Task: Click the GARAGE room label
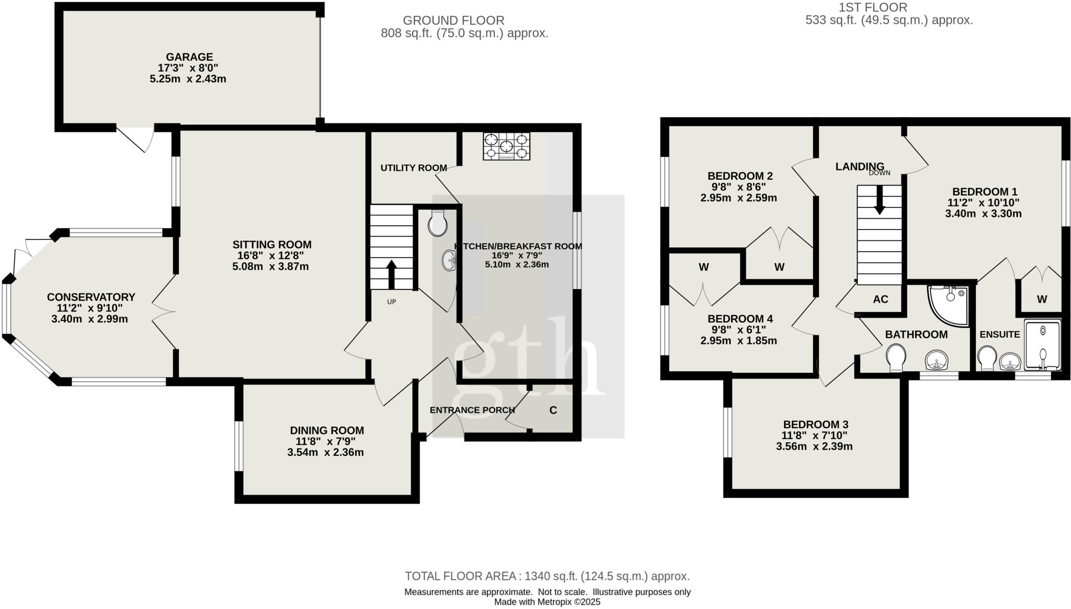pos(189,57)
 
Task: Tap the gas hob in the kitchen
pos(506,146)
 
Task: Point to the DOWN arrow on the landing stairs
pos(880,201)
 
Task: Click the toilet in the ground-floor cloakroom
pos(437,224)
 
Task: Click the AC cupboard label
pos(881,300)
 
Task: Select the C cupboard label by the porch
pos(553,410)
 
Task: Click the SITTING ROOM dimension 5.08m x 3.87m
pos(270,267)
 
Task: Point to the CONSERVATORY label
pos(91,297)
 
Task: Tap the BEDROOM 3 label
pos(815,424)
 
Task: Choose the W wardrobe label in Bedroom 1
pos(1042,300)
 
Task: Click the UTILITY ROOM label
pos(413,168)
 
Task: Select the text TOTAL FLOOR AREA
pos(460,576)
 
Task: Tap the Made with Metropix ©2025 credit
pos(547,602)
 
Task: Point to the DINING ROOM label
pos(327,430)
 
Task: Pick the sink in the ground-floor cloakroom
pos(449,260)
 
